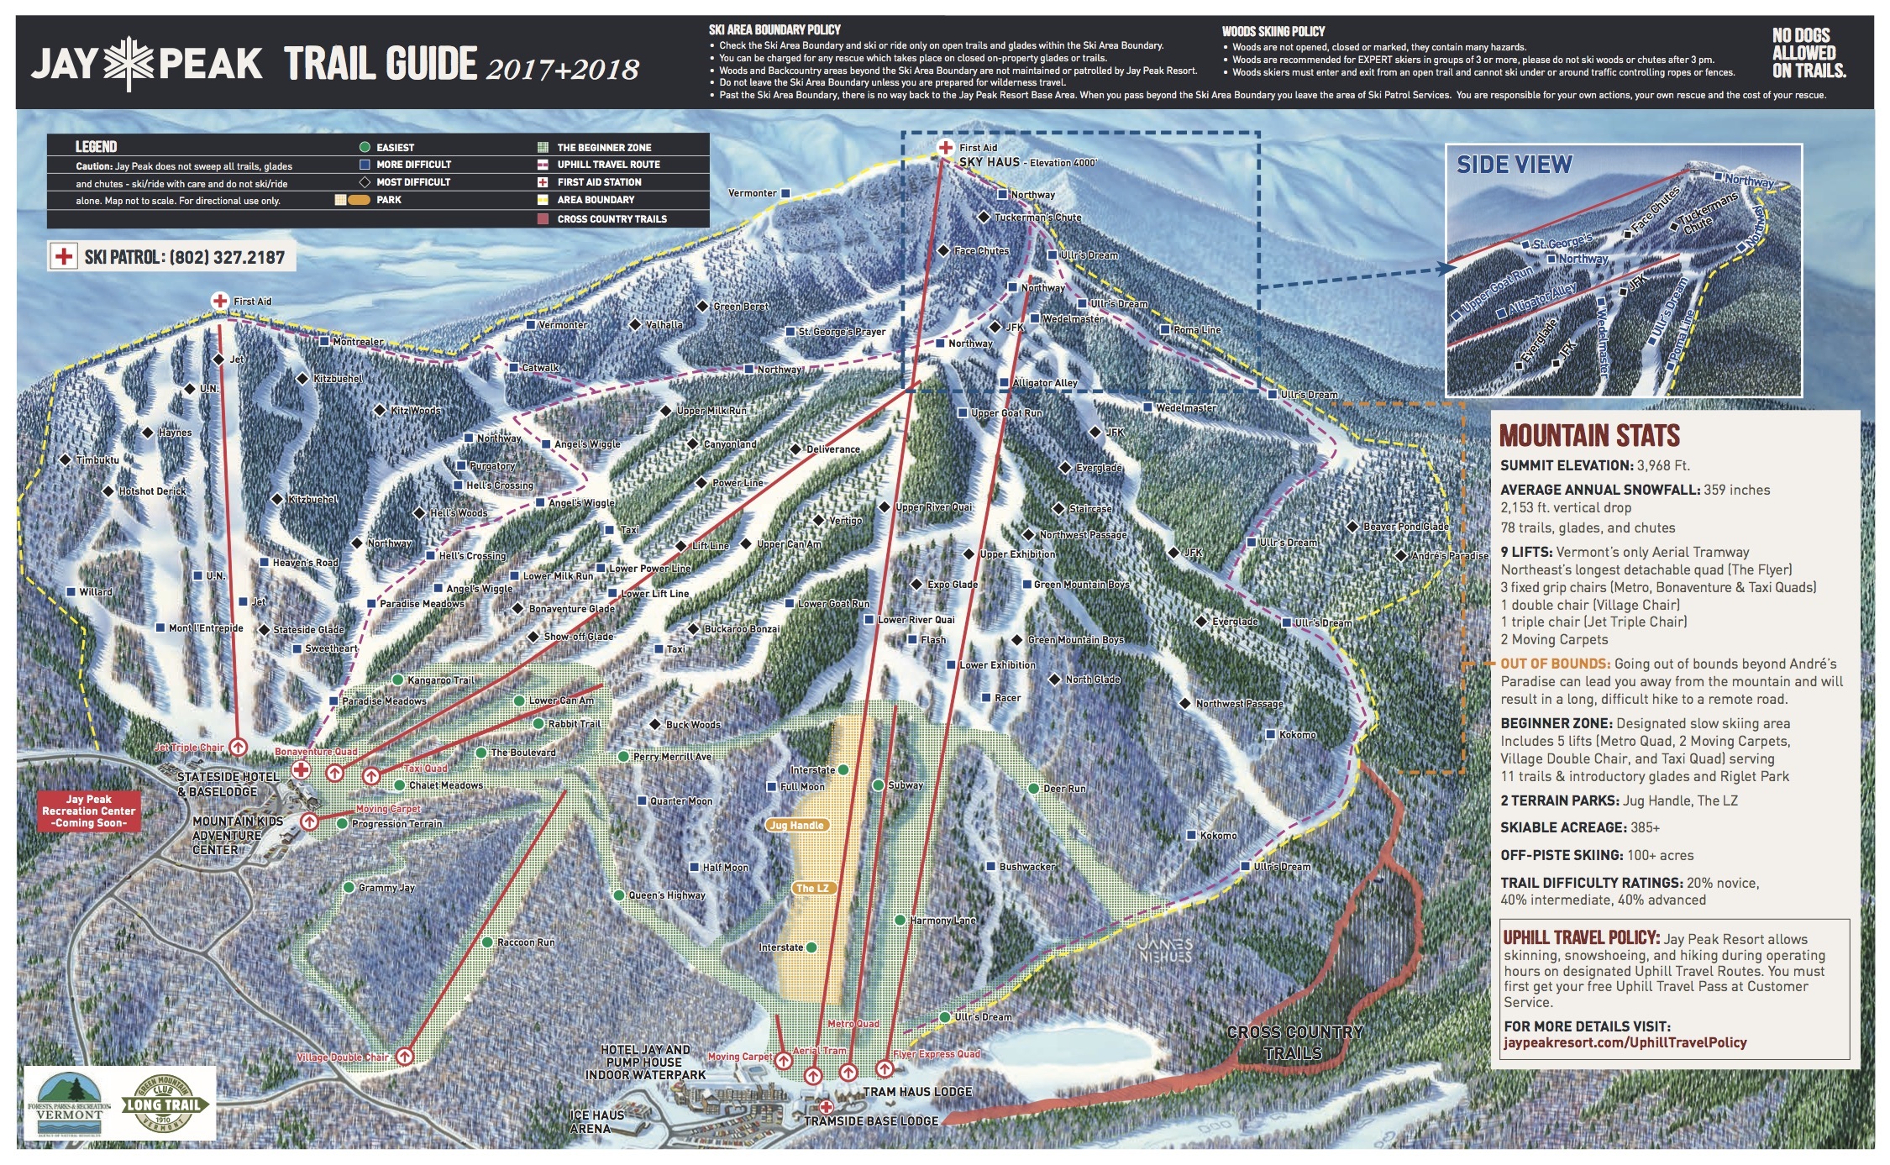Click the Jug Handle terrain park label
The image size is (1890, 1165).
tap(796, 825)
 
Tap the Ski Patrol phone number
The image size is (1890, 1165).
tap(185, 257)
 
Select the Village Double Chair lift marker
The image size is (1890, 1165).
tap(405, 1056)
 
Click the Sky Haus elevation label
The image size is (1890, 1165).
tap(1027, 162)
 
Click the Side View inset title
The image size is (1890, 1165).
tap(1514, 165)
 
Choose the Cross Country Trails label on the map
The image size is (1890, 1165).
tap(1294, 1042)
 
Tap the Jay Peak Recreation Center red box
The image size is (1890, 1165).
tap(89, 811)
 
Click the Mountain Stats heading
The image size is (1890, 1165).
tap(1589, 435)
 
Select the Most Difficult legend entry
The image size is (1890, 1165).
tap(412, 182)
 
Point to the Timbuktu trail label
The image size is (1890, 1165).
tap(97, 460)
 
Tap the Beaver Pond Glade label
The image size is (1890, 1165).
tap(1404, 527)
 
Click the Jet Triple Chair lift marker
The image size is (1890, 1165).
tap(238, 747)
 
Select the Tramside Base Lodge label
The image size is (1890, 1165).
tap(871, 1121)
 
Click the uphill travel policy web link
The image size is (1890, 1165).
tap(1625, 1042)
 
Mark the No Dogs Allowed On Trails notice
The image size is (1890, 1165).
tap(1809, 53)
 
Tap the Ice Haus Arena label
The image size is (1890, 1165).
tap(596, 1121)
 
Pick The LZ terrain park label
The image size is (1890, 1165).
tap(811, 888)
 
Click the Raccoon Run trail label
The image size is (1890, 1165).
tap(525, 942)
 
